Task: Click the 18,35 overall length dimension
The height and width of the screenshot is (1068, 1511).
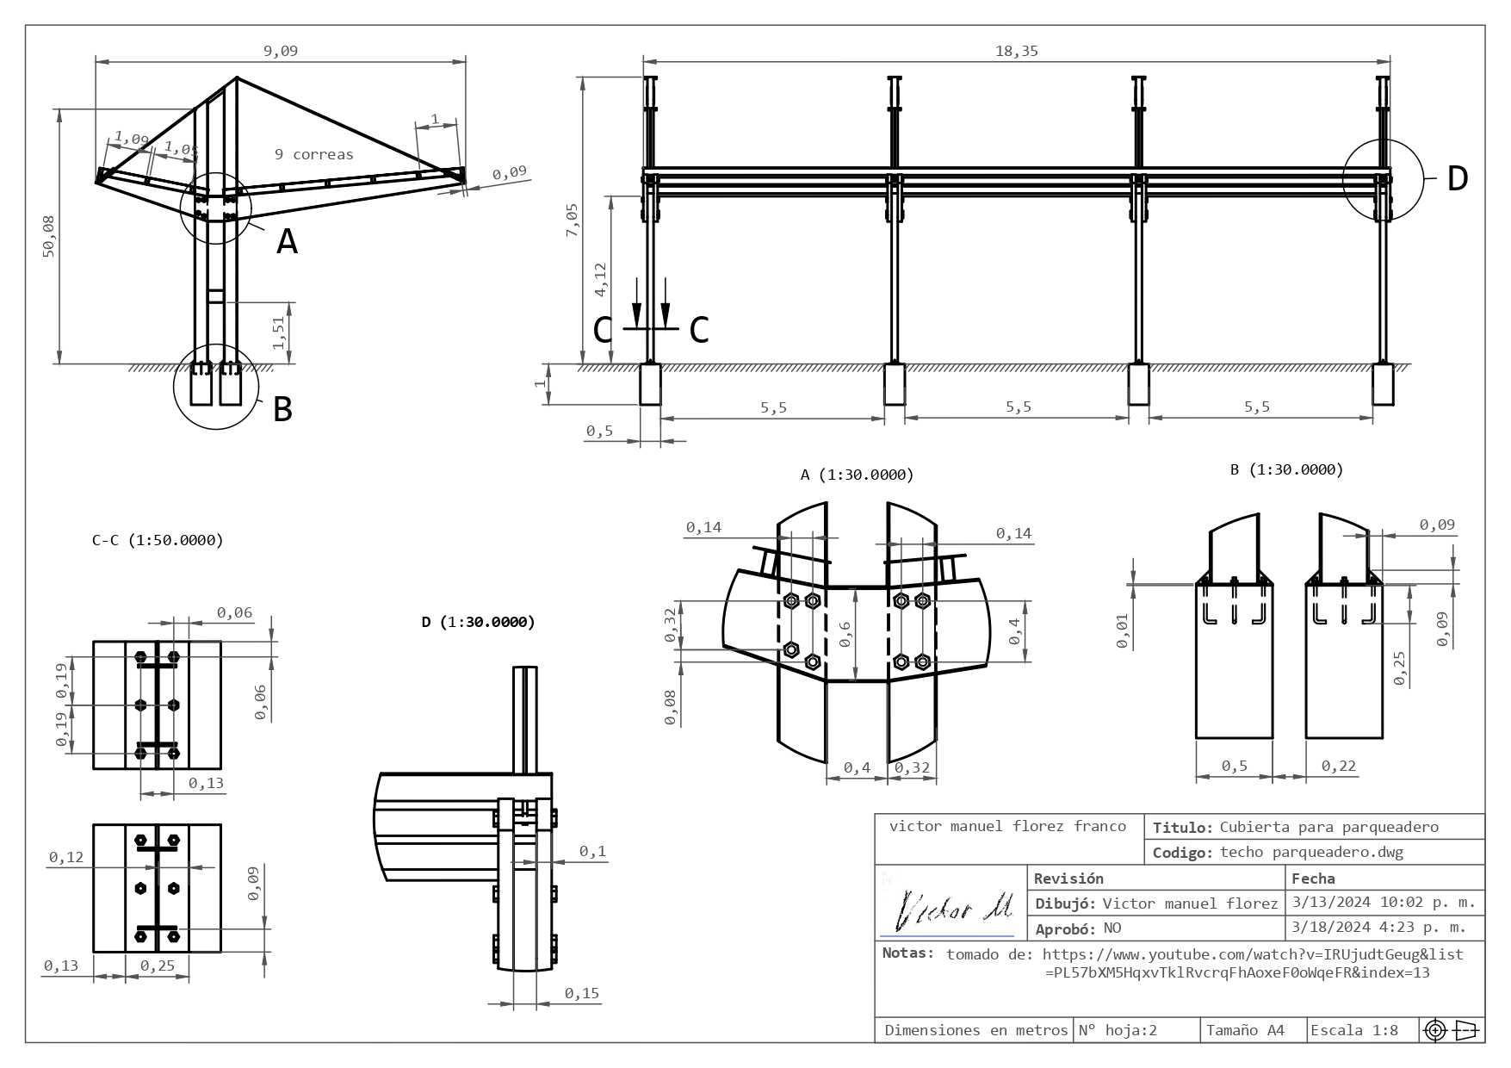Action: tap(1017, 51)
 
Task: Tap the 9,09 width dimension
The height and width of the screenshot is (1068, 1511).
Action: tap(281, 51)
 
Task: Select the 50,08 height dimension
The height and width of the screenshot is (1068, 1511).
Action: tap(48, 235)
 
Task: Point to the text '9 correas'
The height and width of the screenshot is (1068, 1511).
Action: tap(314, 154)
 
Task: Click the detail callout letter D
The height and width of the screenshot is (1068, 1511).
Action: tap(1457, 178)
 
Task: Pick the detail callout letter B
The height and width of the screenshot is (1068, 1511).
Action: tap(282, 408)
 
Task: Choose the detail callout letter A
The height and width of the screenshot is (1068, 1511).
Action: tap(287, 241)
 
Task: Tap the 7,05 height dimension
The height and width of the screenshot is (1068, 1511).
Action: tap(573, 220)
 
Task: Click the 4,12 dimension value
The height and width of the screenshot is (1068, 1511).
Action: tap(600, 280)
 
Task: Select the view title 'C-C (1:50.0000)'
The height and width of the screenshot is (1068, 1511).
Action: tap(158, 540)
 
